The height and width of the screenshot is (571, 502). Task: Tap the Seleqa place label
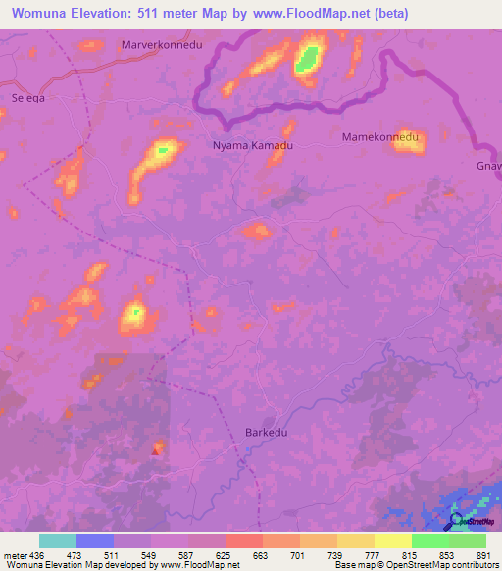click(x=27, y=98)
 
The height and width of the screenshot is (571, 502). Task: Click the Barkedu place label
click(x=263, y=432)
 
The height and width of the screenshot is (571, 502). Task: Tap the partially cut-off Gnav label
click(x=488, y=165)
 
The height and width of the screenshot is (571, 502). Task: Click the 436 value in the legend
click(x=37, y=554)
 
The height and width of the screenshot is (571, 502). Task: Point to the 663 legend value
click(x=261, y=554)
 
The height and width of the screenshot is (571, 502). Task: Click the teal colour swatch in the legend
click(x=58, y=541)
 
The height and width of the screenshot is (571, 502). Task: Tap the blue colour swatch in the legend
click(x=95, y=541)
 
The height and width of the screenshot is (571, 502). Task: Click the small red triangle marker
click(x=155, y=451)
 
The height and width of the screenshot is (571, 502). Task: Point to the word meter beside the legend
click(x=14, y=554)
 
